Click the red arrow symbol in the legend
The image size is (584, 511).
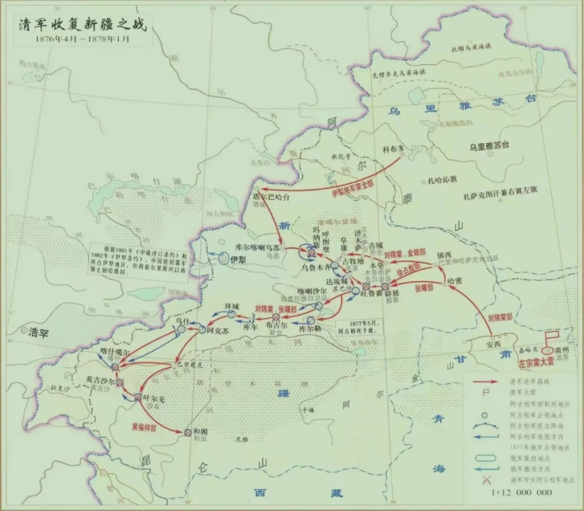[485, 381]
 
